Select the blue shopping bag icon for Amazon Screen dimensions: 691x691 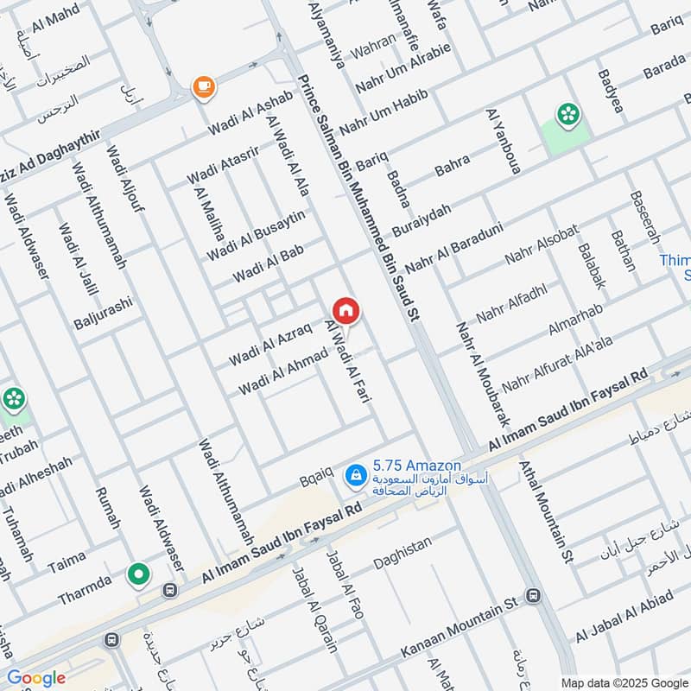click(355, 474)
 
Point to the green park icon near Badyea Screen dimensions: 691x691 click(567, 114)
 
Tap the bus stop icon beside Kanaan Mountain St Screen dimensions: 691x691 click(534, 596)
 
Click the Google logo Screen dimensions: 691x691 click(36, 678)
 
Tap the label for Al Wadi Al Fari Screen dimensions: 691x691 click(342, 362)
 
